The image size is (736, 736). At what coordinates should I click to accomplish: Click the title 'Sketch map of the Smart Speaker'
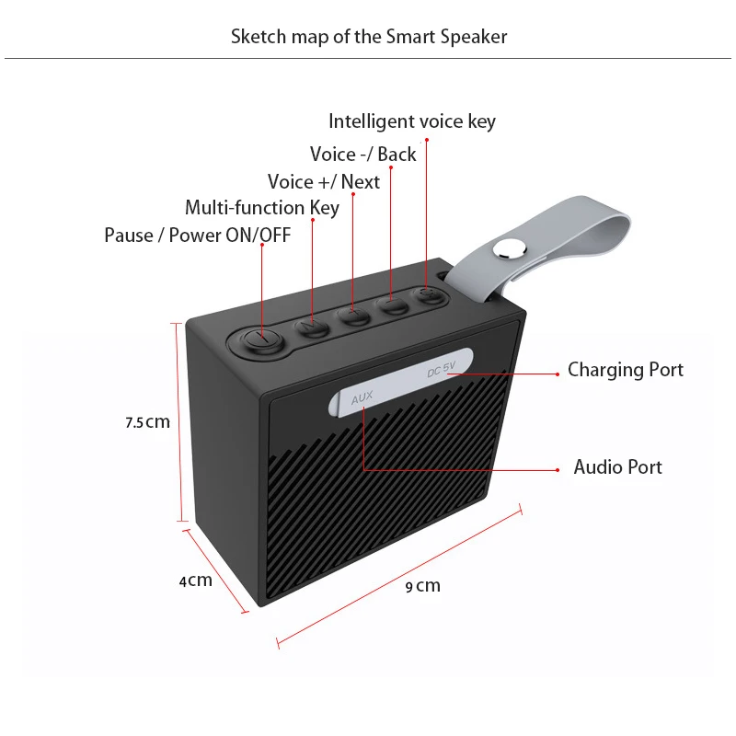[369, 37]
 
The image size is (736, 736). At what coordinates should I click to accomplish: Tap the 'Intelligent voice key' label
[412, 121]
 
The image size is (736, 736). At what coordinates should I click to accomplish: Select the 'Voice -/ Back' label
[363, 154]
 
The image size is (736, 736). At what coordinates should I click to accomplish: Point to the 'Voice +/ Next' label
[324, 181]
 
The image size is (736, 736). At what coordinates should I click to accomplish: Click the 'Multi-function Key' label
[262, 208]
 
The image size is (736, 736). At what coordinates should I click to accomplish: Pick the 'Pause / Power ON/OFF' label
[198, 236]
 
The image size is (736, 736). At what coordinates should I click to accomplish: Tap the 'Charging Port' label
[626, 370]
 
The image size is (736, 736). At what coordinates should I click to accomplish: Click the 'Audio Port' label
[618, 467]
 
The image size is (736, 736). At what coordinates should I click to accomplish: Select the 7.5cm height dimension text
[148, 423]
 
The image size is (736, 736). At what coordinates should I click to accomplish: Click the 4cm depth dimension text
[195, 581]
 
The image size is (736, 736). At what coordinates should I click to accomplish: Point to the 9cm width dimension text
[423, 586]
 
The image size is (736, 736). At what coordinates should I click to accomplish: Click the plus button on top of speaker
[352, 316]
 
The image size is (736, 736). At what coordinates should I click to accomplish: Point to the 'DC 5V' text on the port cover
[442, 372]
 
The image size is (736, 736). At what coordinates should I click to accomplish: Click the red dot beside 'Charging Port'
[558, 374]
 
